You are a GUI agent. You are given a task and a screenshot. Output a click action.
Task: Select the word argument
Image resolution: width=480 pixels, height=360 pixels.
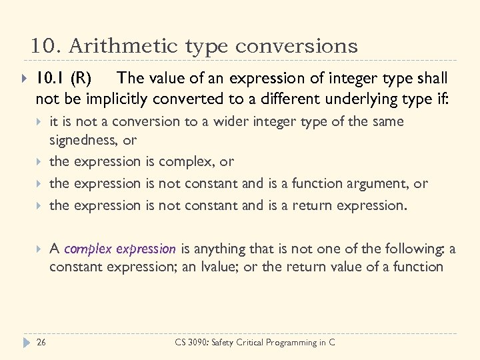tap(385, 183)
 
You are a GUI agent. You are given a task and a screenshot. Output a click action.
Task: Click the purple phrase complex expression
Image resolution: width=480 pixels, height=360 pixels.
tap(120, 249)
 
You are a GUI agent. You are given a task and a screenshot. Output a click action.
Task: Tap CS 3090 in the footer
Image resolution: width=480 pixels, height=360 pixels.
tap(189, 342)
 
